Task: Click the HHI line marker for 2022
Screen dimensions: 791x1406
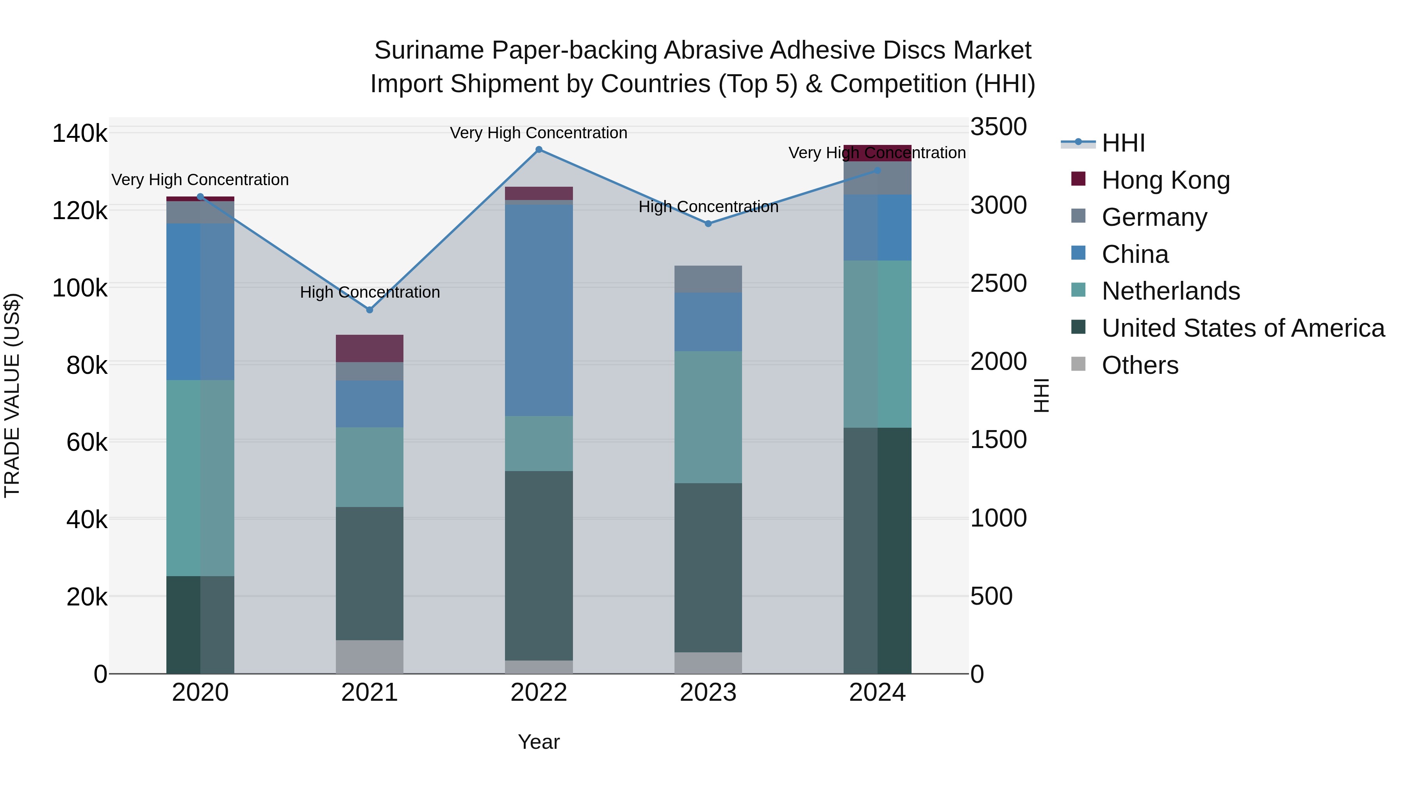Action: click(539, 150)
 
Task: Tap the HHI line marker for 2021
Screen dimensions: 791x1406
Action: click(369, 309)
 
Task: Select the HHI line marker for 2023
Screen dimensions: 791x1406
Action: click(708, 223)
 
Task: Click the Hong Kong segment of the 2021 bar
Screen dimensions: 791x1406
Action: click(369, 348)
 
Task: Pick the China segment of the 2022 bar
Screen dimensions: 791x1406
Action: click(539, 310)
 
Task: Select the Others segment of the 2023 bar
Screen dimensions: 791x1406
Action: click(708, 663)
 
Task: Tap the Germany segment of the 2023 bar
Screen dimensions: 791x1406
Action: click(708, 279)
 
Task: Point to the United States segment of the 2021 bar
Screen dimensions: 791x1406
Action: click(369, 573)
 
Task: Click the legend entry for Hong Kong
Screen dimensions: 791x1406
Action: click(1165, 180)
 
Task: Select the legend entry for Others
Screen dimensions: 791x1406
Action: click(1140, 365)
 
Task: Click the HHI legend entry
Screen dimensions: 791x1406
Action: click(1123, 143)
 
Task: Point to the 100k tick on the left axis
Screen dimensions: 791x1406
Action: click(80, 287)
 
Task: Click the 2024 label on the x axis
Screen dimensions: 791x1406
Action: click(877, 693)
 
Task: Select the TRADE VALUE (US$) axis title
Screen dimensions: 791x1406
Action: click(12, 395)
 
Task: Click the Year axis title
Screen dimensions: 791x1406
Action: click(539, 742)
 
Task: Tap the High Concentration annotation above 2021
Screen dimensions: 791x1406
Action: click(369, 292)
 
